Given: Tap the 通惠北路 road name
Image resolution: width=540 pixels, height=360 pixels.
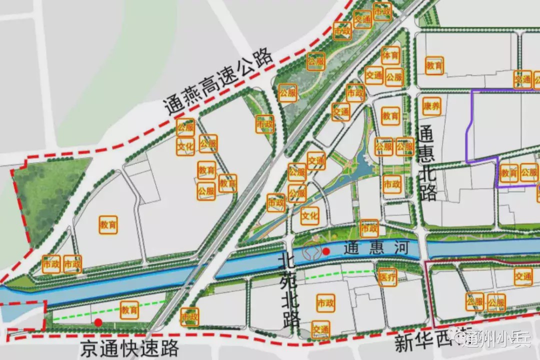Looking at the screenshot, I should click(x=427, y=163).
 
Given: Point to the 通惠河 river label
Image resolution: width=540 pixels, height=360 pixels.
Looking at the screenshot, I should click(x=376, y=248).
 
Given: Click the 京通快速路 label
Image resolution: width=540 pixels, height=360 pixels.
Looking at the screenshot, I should click(x=129, y=348).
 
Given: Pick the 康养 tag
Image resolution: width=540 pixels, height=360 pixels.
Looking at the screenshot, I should click(x=431, y=106).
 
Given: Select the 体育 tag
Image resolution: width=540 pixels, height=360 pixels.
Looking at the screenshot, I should click(x=390, y=55).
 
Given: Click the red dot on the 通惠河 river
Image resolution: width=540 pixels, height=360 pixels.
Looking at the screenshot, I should click(x=326, y=251).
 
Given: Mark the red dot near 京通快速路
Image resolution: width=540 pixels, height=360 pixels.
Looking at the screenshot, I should click(x=98, y=322).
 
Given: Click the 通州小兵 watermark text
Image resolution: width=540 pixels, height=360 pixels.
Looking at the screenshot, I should click(x=497, y=341).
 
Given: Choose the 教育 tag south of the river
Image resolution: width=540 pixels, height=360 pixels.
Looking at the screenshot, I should click(x=129, y=310).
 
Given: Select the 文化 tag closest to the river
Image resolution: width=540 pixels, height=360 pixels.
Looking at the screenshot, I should click(x=310, y=216).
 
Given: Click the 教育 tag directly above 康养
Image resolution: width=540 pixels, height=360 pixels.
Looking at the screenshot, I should click(x=434, y=65).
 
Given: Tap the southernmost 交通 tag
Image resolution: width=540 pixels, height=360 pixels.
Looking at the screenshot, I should click(x=321, y=329).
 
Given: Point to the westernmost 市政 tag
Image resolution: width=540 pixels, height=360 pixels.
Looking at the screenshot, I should click(x=51, y=263).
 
